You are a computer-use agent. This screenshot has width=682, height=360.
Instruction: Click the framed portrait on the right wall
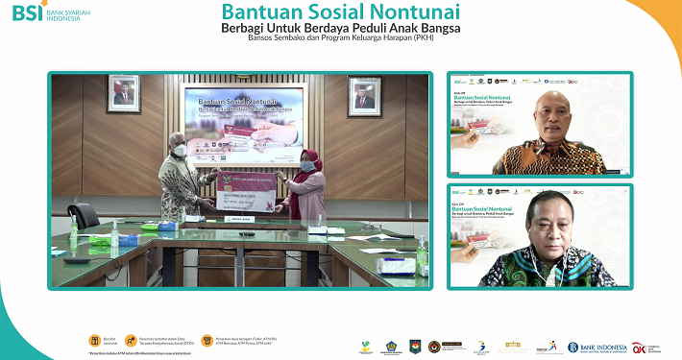tap(364, 96)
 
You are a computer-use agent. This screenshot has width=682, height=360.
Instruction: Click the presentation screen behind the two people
tap(246, 122)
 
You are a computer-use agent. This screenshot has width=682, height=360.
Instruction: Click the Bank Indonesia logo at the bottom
tap(597, 347)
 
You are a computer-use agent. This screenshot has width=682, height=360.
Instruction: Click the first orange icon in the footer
tap(94, 340)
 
